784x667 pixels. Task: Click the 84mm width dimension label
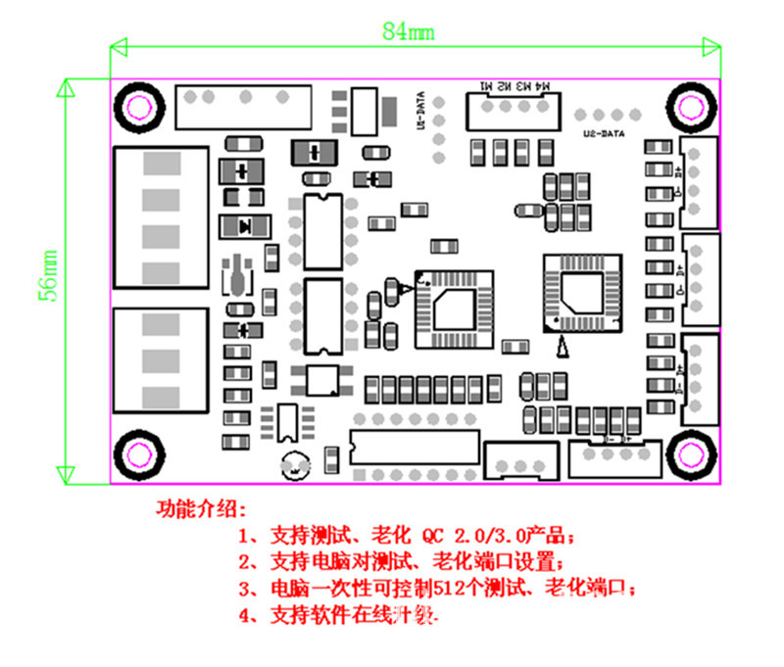(x=408, y=31)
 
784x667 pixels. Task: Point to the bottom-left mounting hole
(x=135, y=453)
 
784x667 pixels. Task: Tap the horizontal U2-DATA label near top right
(x=603, y=132)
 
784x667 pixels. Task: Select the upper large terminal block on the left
(x=162, y=217)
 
